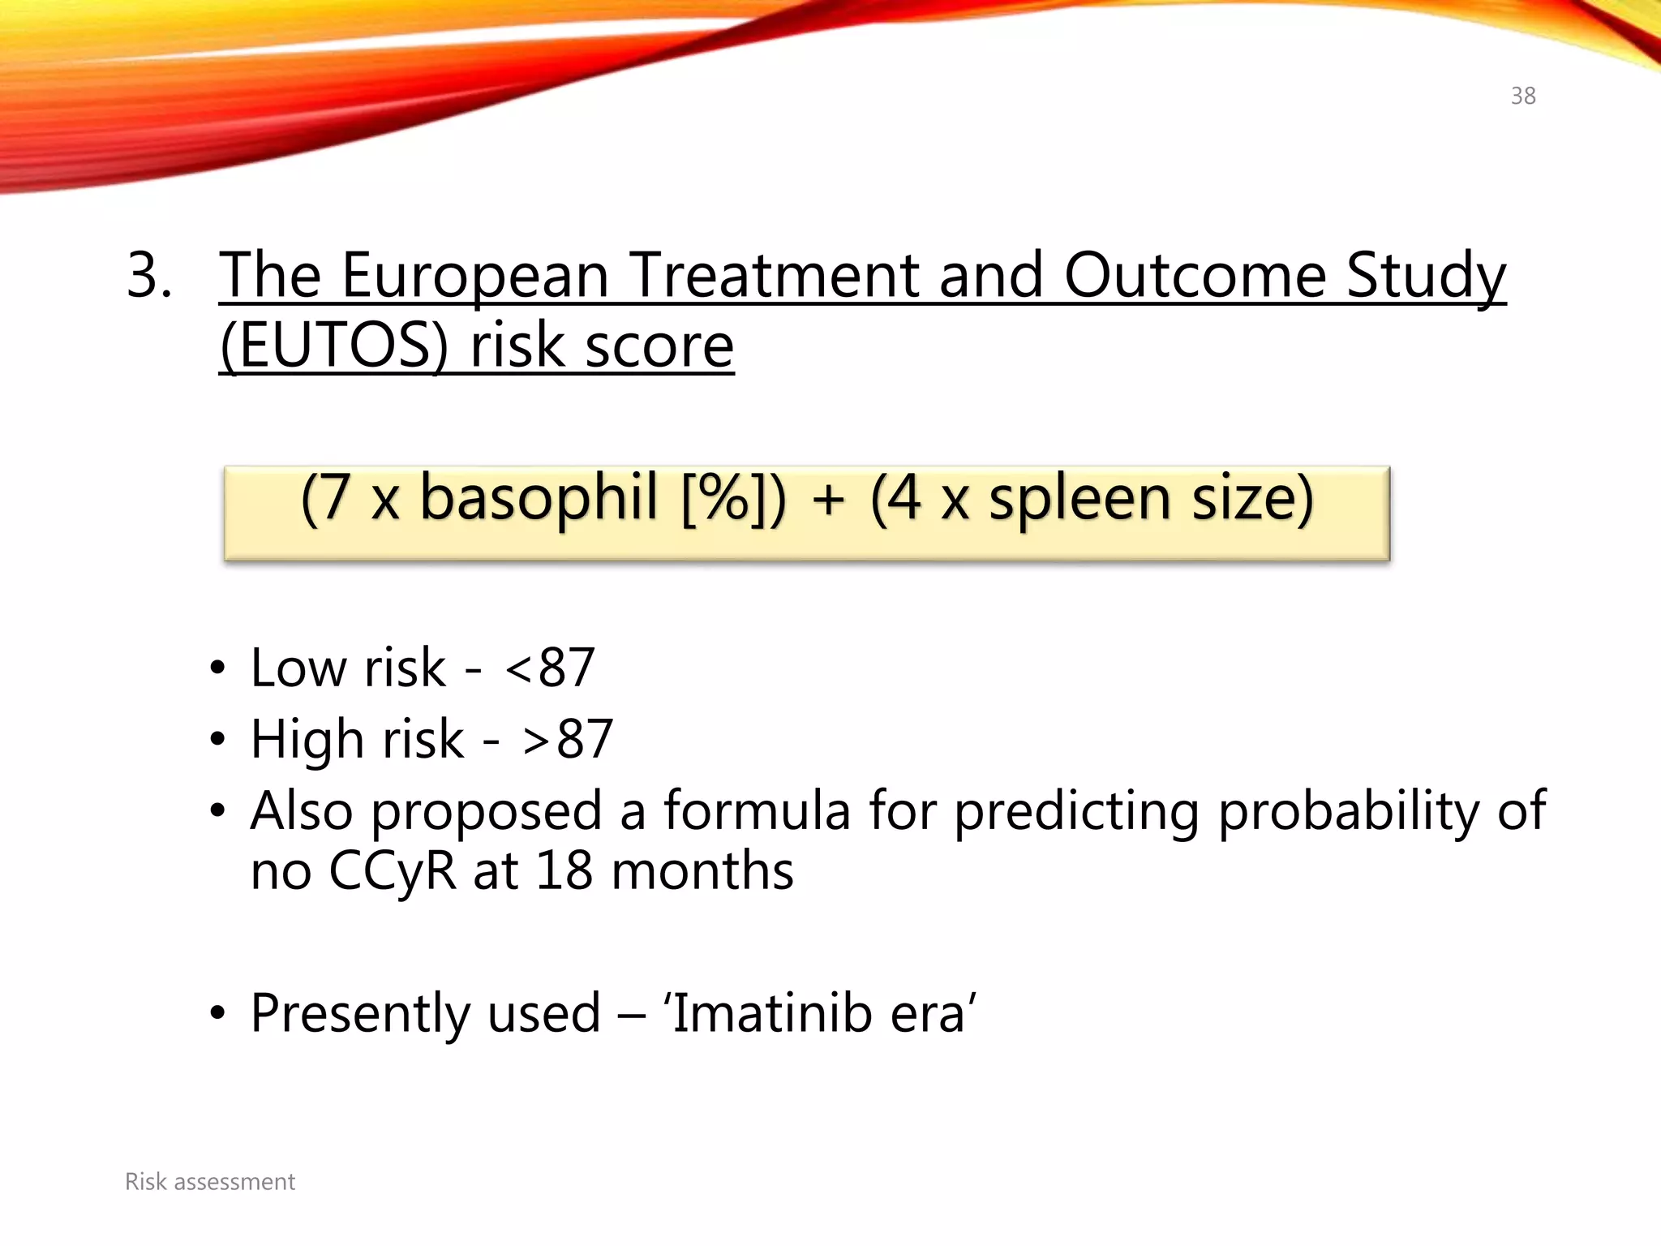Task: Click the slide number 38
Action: pyautogui.click(x=1522, y=96)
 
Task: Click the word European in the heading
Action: pyautogui.click(x=474, y=276)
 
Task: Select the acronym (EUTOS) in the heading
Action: pyautogui.click(x=333, y=347)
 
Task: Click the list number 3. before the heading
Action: pyautogui.click(x=149, y=276)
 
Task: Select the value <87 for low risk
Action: pyautogui.click(x=550, y=668)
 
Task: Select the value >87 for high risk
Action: pyautogui.click(x=568, y=739)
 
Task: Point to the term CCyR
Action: pyautogui.click(x=393, y=871)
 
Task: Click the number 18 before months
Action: pyautogui.click(x=564, y=871)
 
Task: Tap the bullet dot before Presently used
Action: pyautogui.click(x=217, y=1015)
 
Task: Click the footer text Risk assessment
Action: pyautogui.click(x=210, y=1182)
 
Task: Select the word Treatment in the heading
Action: pyautogui.click(x=775, y=276)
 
